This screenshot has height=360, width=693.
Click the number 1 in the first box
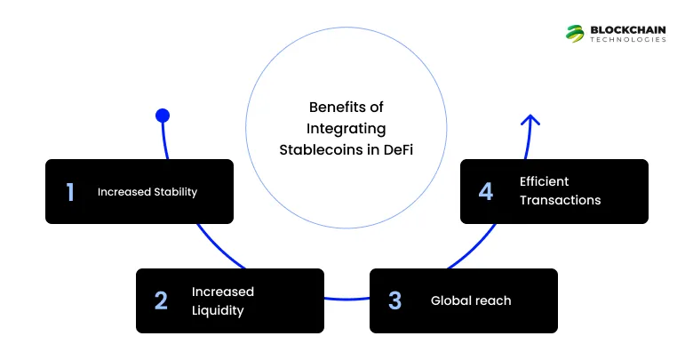coord(70,192)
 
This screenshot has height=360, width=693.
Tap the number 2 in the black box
coord(161,300)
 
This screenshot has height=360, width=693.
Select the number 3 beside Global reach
coord(394,300)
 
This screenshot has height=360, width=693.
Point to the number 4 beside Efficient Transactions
coord(486,191)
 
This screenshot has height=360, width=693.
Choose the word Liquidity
coord(218,310)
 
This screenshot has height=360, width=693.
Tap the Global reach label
coord(471,300)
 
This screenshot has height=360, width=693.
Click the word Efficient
coord(544,181)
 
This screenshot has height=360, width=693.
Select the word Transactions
coord(560,200)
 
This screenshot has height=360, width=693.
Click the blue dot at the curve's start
coord(162,116)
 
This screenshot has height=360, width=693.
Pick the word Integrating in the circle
coord(346,128)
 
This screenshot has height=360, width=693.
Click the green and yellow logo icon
coord(575,33)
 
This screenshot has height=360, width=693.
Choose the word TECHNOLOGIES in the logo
coord(628,40)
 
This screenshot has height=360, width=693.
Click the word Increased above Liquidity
coord(223,292)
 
